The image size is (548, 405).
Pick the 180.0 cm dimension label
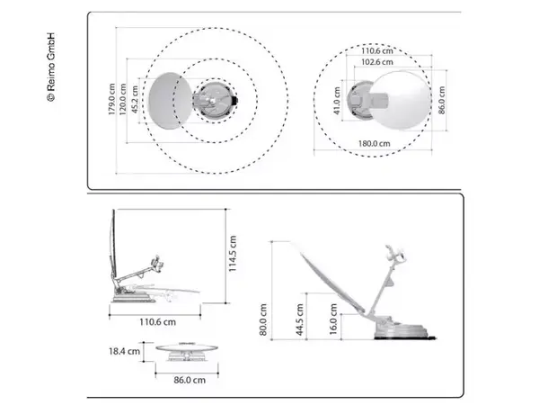point(372,143)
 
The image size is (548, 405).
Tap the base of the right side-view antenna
point(404,333)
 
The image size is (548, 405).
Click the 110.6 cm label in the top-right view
point(378,51)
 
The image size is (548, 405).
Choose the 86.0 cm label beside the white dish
point(442,100)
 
